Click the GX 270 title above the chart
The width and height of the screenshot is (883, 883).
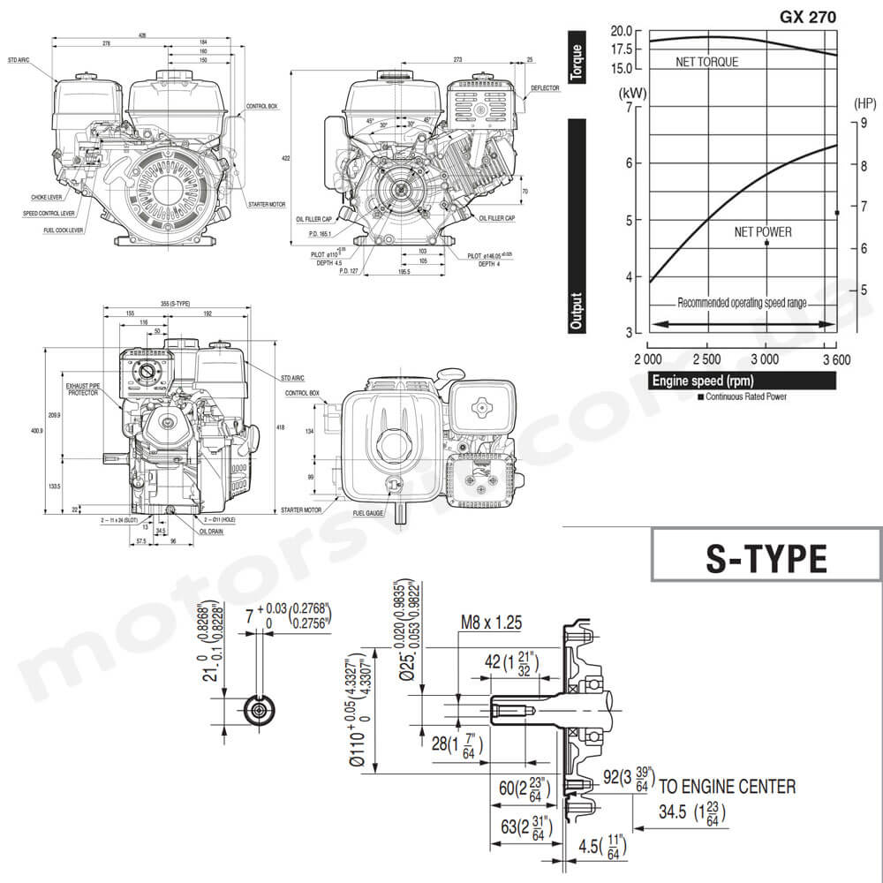(807, 15)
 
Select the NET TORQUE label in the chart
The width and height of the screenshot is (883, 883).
(706, 62)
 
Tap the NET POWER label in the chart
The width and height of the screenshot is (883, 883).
(763, 232)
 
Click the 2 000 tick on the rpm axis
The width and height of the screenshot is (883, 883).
(648, 358)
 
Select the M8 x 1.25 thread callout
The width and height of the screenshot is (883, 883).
(491, 623)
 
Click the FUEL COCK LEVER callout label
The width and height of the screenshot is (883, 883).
(64, 230)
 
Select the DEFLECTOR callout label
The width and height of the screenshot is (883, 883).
(545, 88)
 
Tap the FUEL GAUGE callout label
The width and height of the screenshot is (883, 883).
(369, 512)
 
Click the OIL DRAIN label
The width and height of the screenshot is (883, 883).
(210, 532)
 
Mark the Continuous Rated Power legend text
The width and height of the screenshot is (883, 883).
(745, 396)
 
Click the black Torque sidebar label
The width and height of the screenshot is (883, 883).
(577, 62)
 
